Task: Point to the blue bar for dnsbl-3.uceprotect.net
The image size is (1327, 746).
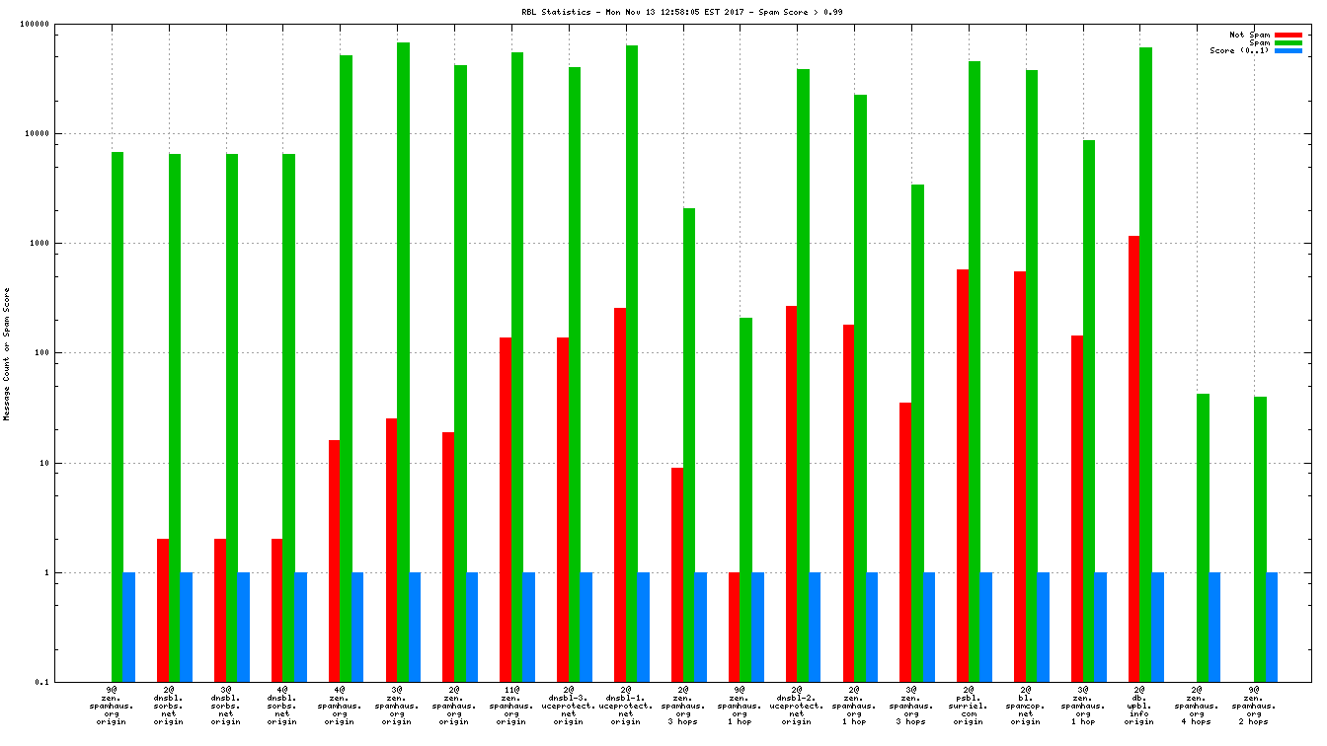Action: (586, 627)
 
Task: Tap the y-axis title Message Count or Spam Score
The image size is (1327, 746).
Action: (7, 354)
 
